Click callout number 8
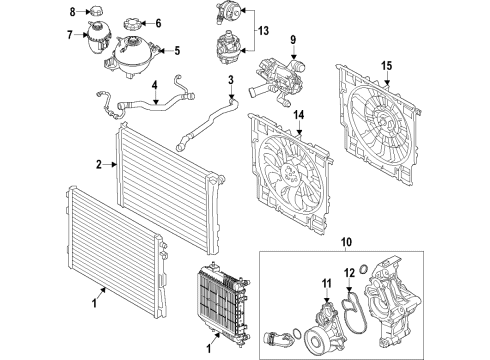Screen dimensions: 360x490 pos(71,12)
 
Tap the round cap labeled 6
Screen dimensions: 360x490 pos(132,23)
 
